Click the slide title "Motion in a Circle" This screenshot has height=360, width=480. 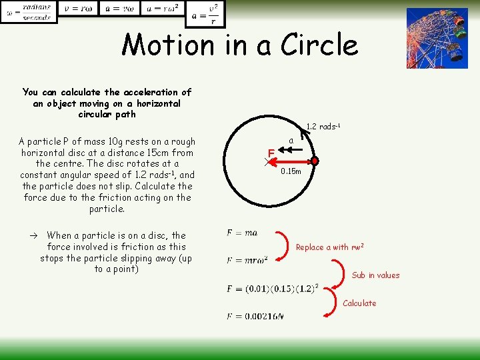[240, 45]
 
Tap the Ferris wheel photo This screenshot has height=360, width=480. [437, 38]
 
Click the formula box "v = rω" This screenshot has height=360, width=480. [78, 9]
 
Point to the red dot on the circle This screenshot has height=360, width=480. [315, 161]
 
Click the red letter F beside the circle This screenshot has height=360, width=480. [271, 153]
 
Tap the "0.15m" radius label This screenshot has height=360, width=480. [291, 171]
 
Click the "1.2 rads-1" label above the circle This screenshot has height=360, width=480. [323, 127]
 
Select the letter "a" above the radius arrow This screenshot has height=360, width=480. [291, 141]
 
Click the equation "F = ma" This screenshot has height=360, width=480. [242, 233]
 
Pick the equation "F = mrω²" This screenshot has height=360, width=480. [247, 260]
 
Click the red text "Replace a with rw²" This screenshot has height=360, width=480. [329, 247]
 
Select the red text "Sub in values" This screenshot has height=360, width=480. [375, 275]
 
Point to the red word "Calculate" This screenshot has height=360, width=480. [359, 303]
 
